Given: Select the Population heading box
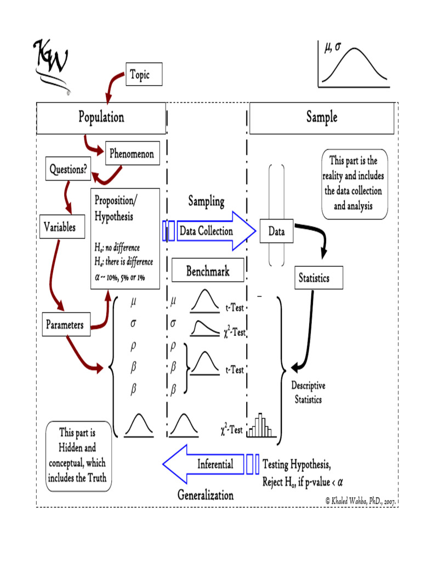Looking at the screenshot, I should coord(101,117).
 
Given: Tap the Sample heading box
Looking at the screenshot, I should coord(322,117).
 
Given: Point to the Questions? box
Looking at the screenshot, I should coord(68,169).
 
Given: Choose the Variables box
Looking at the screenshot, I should coord(60,227).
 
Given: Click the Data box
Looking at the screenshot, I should coord(276,232).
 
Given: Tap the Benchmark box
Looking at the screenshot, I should coord(208,271).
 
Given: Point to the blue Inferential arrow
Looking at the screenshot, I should coord(208,464).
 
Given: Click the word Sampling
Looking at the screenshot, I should coord(207,201).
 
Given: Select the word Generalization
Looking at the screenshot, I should coord(206,495).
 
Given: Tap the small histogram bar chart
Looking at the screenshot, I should coord(260,426).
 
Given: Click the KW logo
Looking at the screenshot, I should coord(52,63).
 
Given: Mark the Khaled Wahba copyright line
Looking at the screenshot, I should coord(360,501).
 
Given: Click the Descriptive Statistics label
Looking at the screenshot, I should coord(308,392).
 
